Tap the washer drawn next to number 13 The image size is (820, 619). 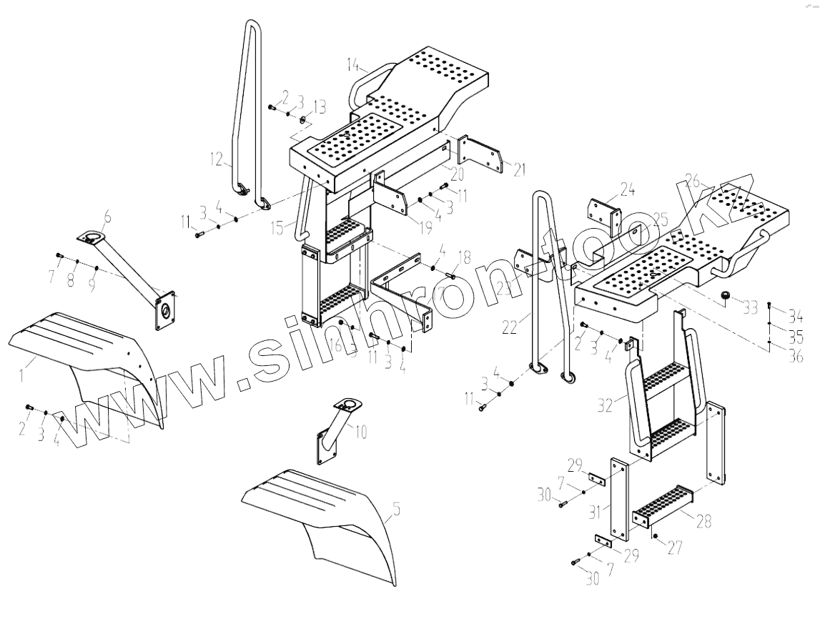(302, 117)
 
